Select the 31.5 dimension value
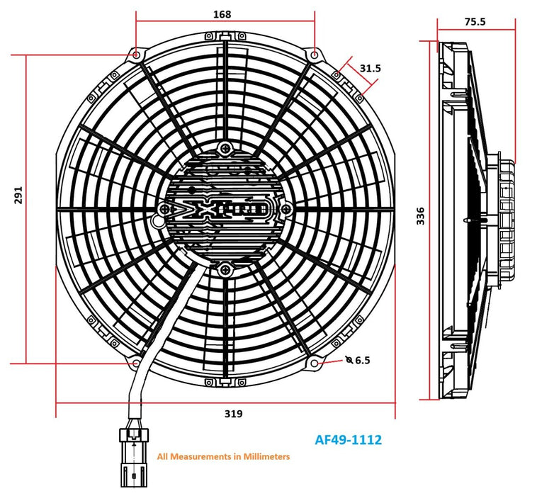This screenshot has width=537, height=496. click(370, 68)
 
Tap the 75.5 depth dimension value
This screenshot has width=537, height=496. click(475, 21)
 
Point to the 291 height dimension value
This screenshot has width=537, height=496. click(19, 196)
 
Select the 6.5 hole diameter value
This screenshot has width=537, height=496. click(363, 360)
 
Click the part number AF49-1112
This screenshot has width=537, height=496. click(348, 440)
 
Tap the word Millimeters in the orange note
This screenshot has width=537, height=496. click(261, 457)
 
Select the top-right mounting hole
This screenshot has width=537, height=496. click(314, 55)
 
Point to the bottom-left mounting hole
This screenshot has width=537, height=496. click(136, 363)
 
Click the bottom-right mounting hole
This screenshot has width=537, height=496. click(314, 363)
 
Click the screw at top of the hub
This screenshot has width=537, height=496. click(225, 148)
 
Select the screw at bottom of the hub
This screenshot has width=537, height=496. click(225, 268)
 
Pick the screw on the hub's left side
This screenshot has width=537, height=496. click(165, 208)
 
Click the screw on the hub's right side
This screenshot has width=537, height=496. click(286, 208)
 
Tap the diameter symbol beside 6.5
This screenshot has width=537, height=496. click(349, 360)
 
